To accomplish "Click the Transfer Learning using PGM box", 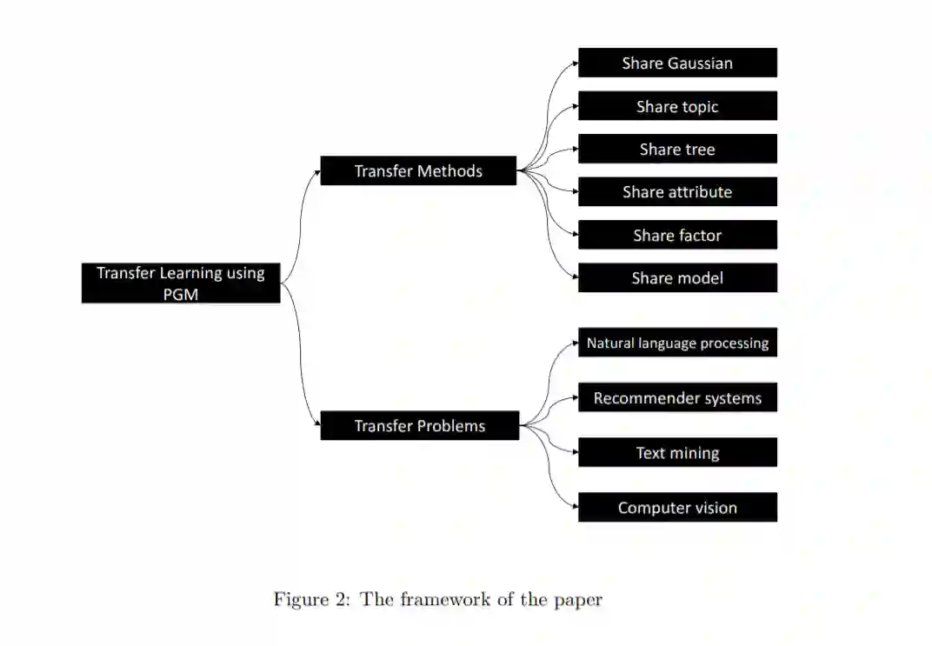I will [x=181, y=283].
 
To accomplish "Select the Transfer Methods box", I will [x=418, y=171].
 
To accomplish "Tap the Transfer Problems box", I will [x=419, y=426].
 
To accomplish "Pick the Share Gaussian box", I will [x=677, y=63].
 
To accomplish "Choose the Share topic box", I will [x=677, y=106].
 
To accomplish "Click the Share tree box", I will [x=677, y=149].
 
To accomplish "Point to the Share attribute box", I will [x=677, y=192].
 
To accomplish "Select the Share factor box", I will [x=677, y=235].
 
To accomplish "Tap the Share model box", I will [x=677, y=278].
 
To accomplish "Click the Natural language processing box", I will [x=677, y=343].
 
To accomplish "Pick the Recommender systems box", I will [x=677, y=398].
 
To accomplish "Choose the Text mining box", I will [x=677, y=453].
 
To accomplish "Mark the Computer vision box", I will [x=677, y=508].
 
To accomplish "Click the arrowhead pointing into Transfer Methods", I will [x=316, y=171].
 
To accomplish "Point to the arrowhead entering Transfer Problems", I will [x=316, y=426].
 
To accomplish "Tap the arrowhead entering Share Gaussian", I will [x=575, y=63].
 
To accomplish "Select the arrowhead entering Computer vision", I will [x=575, y=508].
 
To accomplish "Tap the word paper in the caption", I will [x=581, y=600].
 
